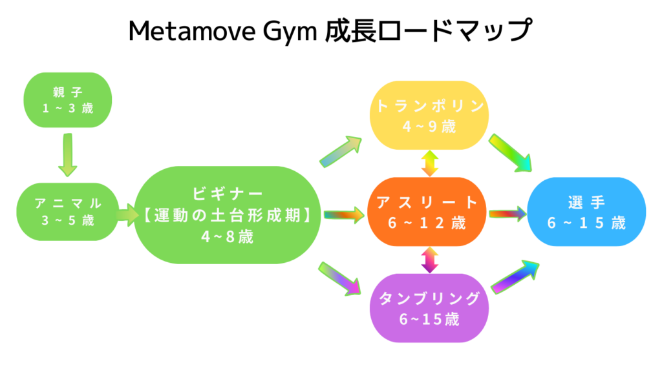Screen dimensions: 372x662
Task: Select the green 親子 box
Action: (x=67, y=99)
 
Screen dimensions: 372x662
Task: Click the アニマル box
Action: (x=67, y=211)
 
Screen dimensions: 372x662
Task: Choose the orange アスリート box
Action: (x=429, y=212)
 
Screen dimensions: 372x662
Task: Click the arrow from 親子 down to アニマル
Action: (x=67, y=155)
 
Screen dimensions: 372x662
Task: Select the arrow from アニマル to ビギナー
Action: (x=127, y=212)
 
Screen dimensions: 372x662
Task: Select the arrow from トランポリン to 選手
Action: (x=511, y=154)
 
